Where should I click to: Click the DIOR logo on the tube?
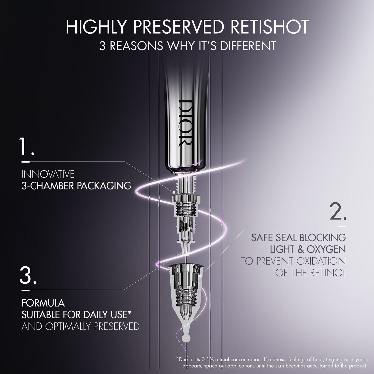pyautogui.click(x=185, y=123)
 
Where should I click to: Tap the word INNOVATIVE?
pyautogui.click(x=48, y=174)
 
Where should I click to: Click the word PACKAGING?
pyautogui.click(x=104, y=186)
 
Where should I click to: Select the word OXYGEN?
pyautogui.click(x=326, y=249)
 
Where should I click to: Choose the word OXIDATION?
pyautogui.click(x=321, y=261)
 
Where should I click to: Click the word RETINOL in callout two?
pyautogui.click(x=328, y=273)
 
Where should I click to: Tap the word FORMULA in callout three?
pyautogui.click(x=43, y=303)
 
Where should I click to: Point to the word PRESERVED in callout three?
pyautogui.click(x=117, y=326)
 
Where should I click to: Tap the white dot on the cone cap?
pyautogui.click(x=201, y=275)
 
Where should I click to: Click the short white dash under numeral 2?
pyautogui.click(x=342, y=226)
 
